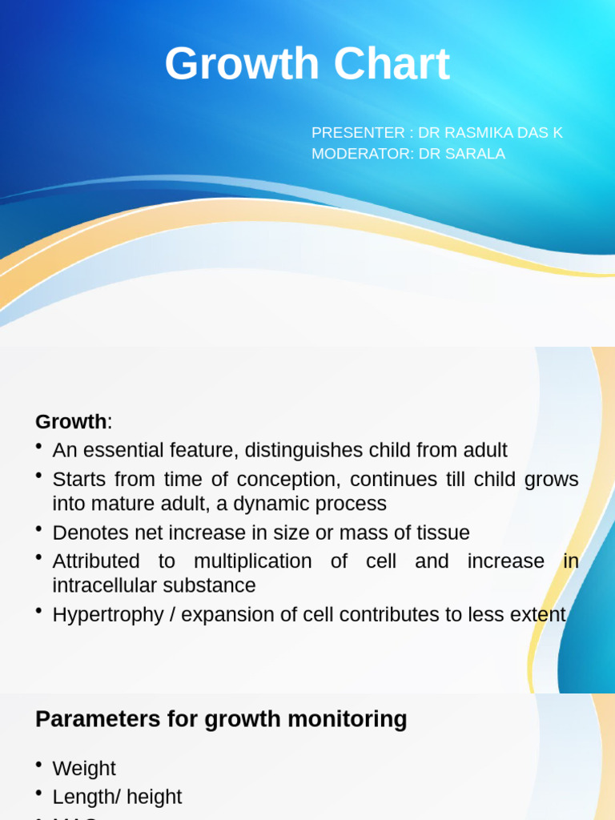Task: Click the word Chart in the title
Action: [392, 65]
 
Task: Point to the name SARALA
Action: [477, 154]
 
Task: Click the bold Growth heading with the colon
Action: [71, 421]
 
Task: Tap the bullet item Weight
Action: [84, 769]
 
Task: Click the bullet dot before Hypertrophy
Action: [39, 612]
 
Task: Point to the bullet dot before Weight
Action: [39, 766]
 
